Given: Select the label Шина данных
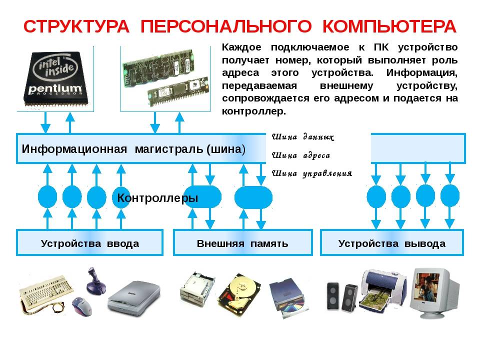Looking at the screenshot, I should (303, 136).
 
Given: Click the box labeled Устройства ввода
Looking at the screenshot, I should (89, 243).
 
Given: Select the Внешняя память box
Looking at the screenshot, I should (242, 243).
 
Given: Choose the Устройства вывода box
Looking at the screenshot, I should (391, 243).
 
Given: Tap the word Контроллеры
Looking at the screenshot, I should (157, 198).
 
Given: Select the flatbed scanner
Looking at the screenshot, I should (130, 297).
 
